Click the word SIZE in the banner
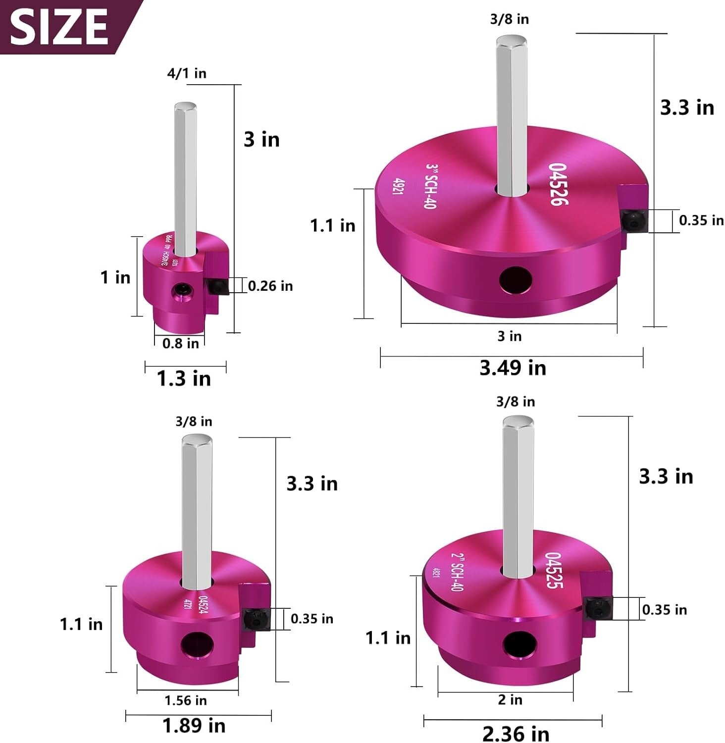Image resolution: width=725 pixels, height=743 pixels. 58,27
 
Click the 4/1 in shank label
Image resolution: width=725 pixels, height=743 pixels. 187,73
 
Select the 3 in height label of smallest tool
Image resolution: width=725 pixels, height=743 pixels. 261,140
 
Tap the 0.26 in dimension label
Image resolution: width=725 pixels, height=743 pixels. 270,286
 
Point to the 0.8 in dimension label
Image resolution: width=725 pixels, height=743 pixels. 180,343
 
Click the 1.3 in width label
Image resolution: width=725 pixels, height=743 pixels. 184,379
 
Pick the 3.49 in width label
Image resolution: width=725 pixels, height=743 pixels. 513,368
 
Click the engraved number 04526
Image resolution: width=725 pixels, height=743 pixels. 559,184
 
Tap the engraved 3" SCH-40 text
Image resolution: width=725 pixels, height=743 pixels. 431,186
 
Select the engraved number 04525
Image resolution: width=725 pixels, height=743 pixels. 554,570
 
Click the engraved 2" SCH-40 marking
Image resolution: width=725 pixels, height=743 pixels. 457,572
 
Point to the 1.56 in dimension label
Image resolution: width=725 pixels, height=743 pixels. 186,700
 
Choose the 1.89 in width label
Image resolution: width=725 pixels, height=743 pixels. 194,726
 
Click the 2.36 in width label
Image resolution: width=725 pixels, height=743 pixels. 516,734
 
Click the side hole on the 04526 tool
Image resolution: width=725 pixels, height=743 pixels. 515,280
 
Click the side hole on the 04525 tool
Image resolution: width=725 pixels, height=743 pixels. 519,645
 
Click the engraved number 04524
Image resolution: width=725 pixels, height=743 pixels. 203,605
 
